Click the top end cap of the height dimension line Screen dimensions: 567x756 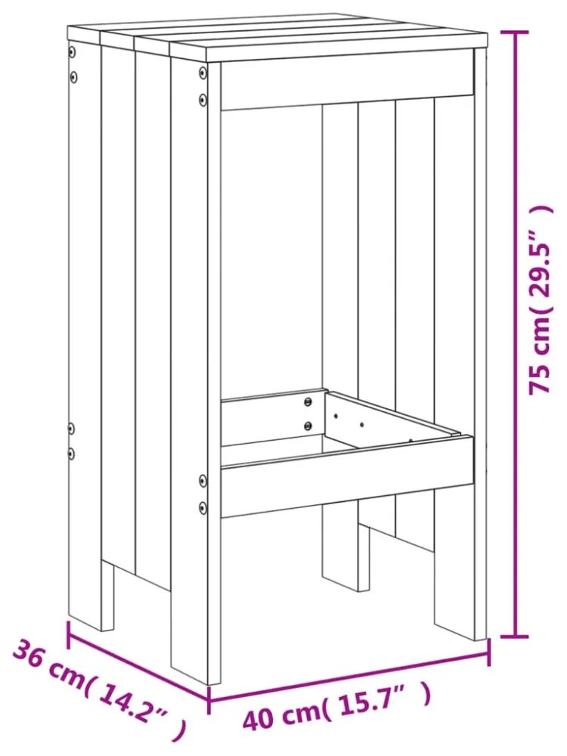tap(515, 32)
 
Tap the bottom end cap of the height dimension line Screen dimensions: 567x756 tap(515, 637)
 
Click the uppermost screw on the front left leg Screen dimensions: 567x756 tap(203, 73)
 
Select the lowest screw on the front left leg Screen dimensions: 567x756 tap(203, 507)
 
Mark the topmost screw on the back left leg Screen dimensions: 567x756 tap(73, 51)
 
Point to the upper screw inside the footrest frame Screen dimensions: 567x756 tap(308, 401)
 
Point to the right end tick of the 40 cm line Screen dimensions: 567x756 tap(489, 652)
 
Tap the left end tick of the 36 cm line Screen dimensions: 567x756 tap(69, 636)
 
